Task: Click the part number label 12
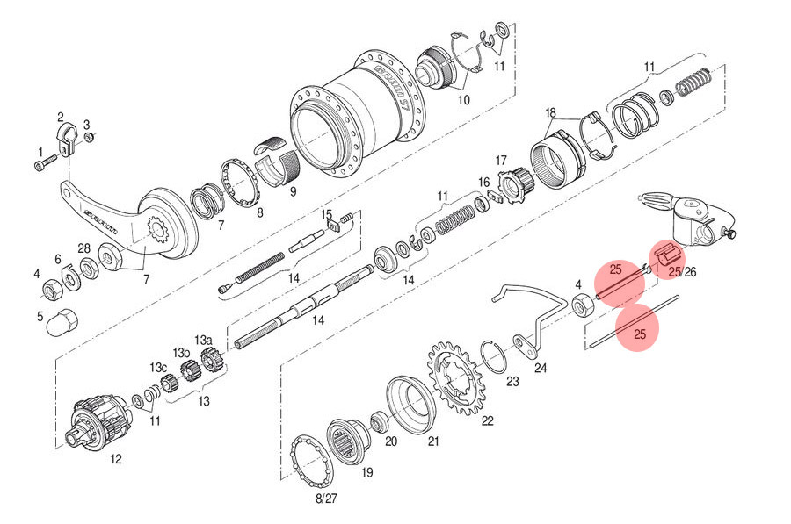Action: (x=115, y=458)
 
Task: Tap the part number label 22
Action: (x=487, y=420)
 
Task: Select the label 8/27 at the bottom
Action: (x=325, y=498)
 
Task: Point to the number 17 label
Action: (x=501, y=161)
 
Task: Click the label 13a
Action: (x=203, y=340)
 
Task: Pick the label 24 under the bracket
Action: (x=540, y=369)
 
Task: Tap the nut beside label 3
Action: (x=88, y=137)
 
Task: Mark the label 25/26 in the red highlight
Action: (x=681, y=273)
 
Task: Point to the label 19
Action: (x=366, y=473)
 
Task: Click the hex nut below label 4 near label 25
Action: (x=581, y=305)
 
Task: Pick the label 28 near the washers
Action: (x=83, y=248)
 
